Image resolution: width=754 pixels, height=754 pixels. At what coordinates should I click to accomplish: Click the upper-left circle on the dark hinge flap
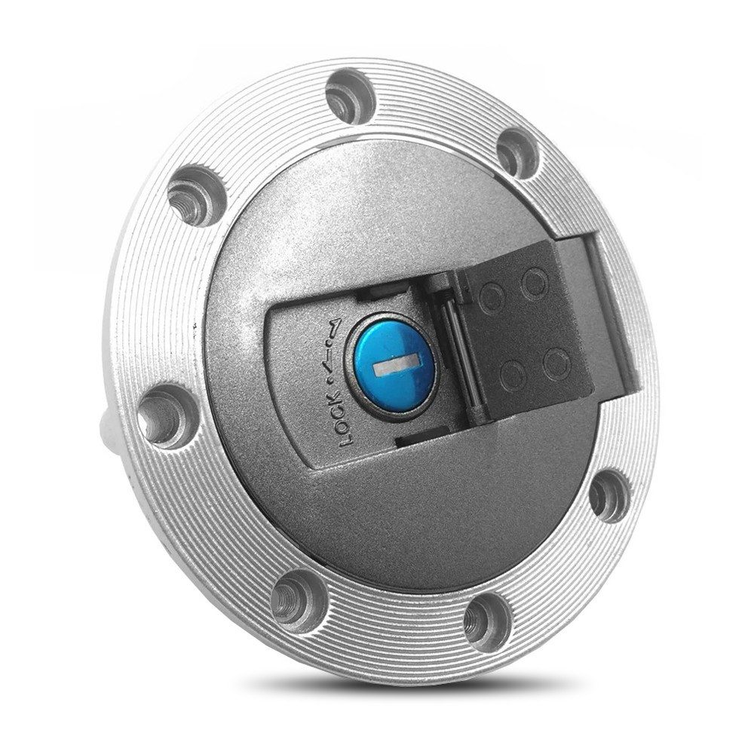pyautogui.click(x=494, y=291)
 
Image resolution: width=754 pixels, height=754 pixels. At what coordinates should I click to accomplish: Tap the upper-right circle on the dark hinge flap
pyautogui.click(x=535, y=284)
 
